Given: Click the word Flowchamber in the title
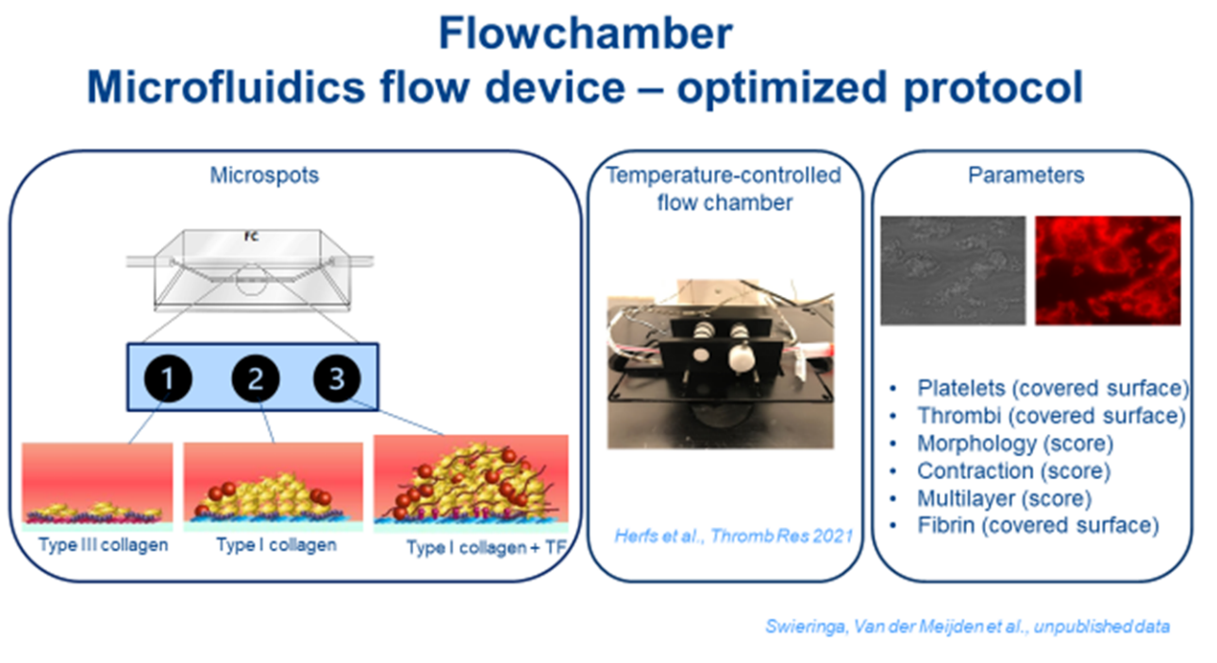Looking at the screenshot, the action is click(x=585, y=34).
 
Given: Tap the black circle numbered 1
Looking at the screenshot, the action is click(x=168, y=378).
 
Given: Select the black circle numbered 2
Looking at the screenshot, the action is click(x=256, y=378).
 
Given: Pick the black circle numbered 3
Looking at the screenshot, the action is click(x=337, y=378).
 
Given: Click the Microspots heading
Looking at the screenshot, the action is click(x=264, y=175).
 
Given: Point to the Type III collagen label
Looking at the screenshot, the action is click(x=103, y=544).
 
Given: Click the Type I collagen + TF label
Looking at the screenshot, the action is click(x=487, y=547).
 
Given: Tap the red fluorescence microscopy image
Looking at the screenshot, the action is click(x=1108, y=271).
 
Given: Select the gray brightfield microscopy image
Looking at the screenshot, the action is click(x=953, y=271).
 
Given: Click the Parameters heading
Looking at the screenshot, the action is click(x=1025, y=175).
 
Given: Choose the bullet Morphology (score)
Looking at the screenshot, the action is click(x=1015, y=443).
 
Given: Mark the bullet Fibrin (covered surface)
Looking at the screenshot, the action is click(x=1038, y=525).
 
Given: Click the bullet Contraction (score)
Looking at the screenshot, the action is click(x=1014, y=471).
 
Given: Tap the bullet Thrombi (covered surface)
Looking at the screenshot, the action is click(x=1051, y=416).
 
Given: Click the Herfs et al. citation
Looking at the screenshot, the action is click(x=733, y=537).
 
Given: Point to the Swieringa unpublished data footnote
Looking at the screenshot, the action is click(x=967, y=626).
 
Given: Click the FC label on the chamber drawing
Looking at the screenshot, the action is click(x=251, y=237).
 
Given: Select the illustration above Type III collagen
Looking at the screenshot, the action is click(x=97, y=487).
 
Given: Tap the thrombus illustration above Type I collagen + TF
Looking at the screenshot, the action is click(x=471, y=484).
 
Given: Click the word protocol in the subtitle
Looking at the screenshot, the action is click(x=993, y=87).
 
